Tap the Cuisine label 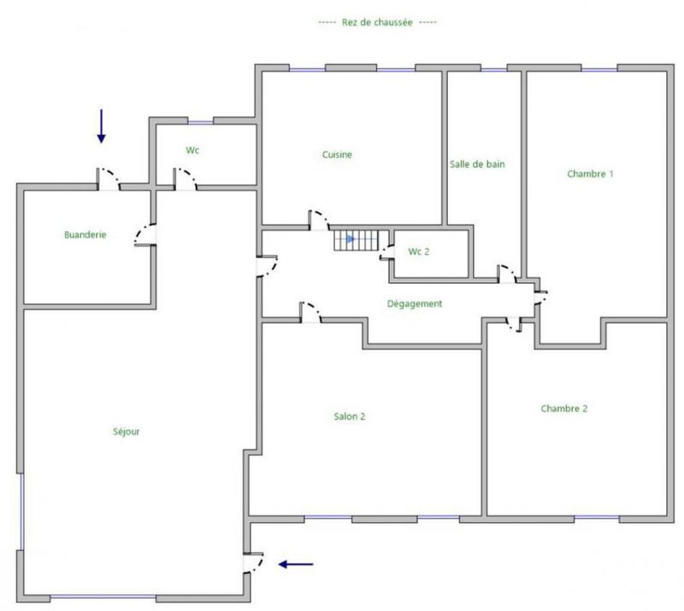click(x=337, y=155)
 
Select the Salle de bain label click(x=477, y=164)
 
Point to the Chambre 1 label click(x=590, y=173)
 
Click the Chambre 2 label click(x=563, y=408)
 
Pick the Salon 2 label click(x=350, y=416)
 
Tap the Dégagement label click(x=414, y=303)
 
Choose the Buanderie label click(x=85, y=234)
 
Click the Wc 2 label click(x=418, y=251)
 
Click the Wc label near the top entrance click(x=192, y=150)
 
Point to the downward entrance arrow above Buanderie click(x=101, y=126)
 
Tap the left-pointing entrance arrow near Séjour click(x=297, y=564)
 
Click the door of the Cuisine click(x=319, y=220)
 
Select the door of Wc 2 click(x=386, y=250)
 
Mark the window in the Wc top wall click(x=200, y=121)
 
